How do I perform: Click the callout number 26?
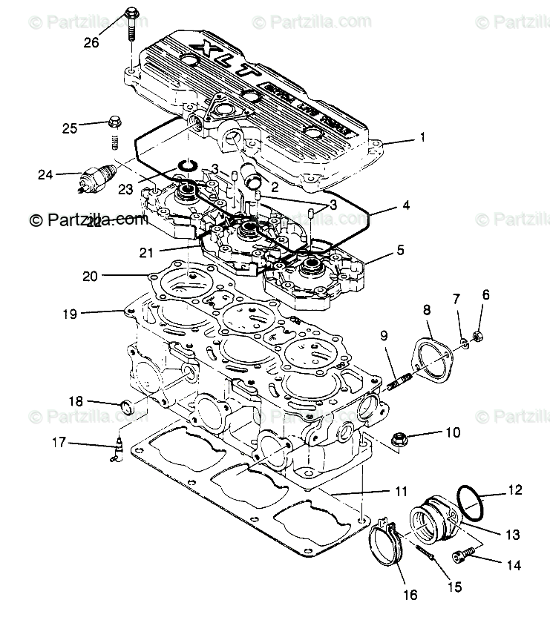coord(91,42)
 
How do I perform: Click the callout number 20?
coord(91,277)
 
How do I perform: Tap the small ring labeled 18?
coord(128,406)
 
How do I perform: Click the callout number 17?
coord(58,443)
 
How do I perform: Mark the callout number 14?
coord(514,565)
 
